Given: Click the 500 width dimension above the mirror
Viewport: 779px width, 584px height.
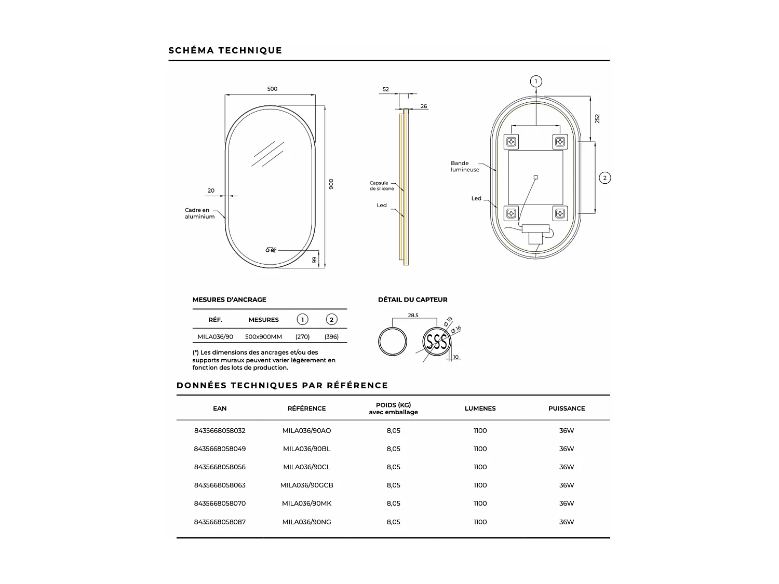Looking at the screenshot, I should click(x=272, y=89).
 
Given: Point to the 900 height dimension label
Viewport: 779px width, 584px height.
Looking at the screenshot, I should click(x=331, y=184).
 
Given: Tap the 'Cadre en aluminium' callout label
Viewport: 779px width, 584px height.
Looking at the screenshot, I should click(x=199, y=213).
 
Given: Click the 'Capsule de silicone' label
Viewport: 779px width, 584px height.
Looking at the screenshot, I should click(x=382, y=186).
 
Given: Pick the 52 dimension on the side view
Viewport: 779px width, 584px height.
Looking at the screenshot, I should click(x=386, y=89).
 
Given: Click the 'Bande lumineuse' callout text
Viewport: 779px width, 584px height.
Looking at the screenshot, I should click(x=465, y=167).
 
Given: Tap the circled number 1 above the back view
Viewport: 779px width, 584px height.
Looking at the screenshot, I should click(x=536, y=82).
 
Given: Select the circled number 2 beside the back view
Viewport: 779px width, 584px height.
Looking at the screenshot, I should click(x=605, y=178).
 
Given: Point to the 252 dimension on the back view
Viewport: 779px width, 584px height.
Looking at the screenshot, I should click(x=597, y=118).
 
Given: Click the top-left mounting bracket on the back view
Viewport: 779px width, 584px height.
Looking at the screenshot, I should click(x=512, y=141).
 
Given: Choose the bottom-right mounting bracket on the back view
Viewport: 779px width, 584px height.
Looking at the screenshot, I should click(x=560, y=213).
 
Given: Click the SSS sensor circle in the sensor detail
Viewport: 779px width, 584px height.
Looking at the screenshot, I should click(x=436, y=342).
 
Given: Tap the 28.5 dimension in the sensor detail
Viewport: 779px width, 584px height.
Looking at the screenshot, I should click(x=413, y=315).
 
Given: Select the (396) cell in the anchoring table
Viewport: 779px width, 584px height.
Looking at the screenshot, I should click(x=331, y=337).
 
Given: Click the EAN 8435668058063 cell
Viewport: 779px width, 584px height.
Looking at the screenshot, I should click(x=220, y=485).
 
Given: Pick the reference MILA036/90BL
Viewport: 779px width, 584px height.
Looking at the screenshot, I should click(x=306, y=449).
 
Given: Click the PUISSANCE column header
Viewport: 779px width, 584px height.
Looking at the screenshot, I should click(x=567, y=409).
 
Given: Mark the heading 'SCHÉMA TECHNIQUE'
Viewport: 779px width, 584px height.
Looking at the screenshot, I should click(x=225, y=50).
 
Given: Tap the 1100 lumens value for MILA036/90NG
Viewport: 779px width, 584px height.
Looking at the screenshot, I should click(x=480, y=522).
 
